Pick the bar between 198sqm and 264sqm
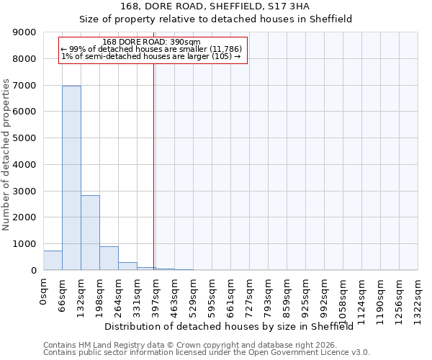109,258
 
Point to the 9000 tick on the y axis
24,32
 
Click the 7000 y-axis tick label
24,86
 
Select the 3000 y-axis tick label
24,191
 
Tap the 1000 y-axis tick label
24,244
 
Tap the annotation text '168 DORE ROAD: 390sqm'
152,42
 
